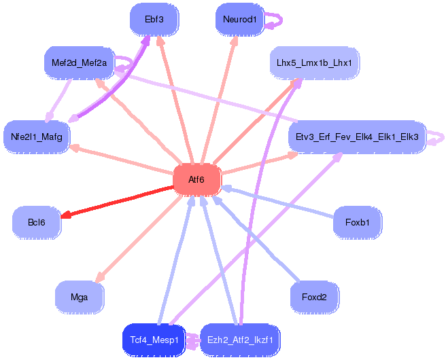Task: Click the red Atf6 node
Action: pos(197,179)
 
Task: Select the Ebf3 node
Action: pos(154,19)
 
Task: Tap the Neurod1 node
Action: pos(240,19)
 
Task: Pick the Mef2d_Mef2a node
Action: pos(79,62)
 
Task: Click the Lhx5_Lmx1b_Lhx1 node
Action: pos(314,62)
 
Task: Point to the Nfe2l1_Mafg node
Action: pos(37,137)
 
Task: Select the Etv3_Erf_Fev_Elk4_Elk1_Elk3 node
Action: pos(357,137)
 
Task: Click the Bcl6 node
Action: pos(37,222)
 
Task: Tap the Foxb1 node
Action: pos(357,222)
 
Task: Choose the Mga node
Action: pos(79,297)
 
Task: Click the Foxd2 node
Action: pos(314,297)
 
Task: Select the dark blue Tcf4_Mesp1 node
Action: pos(154,340)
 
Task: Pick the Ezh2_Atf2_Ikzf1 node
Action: pos(240,340)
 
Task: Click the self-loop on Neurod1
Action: pos(281,20)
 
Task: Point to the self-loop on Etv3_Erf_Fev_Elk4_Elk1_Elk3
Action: pos(443,138)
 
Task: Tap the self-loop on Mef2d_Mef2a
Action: pos(131,62)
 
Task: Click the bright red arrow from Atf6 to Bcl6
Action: pos(118,201)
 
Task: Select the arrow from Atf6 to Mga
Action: pos(139,238)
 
